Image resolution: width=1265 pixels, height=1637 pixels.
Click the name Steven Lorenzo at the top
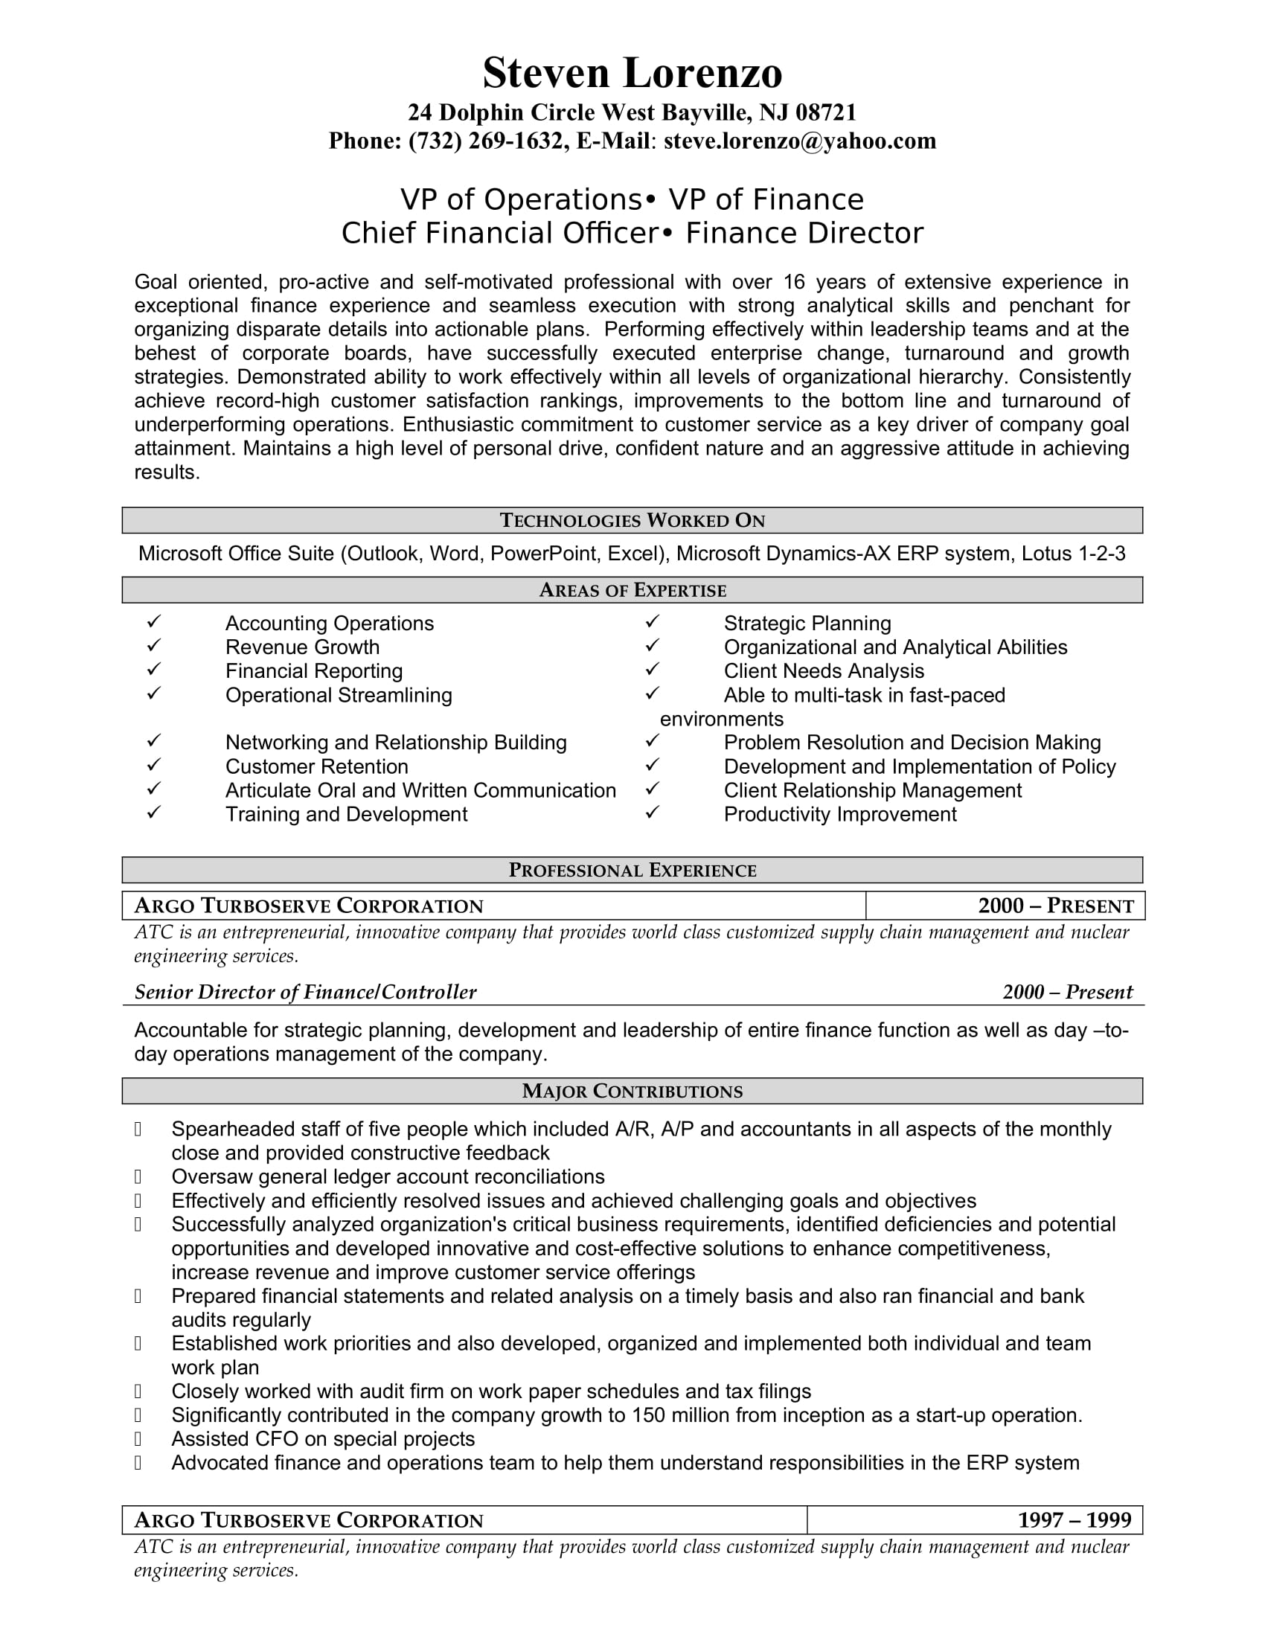[632, 74]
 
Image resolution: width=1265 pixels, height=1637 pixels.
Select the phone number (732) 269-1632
[486, 141]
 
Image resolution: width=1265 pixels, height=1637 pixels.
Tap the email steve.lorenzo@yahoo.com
[800, 141]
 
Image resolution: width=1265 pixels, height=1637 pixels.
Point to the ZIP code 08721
[825, 112]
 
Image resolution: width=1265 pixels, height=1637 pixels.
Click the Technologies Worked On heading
[632, 521]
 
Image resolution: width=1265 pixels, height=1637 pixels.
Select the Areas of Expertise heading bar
[632, 591]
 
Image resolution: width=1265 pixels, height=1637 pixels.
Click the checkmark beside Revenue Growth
[153, 645]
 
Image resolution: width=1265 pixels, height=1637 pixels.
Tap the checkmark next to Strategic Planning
[652, 621]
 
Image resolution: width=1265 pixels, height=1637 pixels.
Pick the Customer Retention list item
[316, 766]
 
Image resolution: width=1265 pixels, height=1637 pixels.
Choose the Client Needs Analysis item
[824, 672]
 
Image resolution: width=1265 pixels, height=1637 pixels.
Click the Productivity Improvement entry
[839, 815]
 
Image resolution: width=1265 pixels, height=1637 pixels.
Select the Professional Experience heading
[632, 871]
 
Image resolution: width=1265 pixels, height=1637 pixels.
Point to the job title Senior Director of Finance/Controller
[305, 993]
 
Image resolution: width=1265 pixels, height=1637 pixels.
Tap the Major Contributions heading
[632, 1092]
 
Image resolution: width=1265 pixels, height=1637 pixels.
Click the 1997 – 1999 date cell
[1074, 1520]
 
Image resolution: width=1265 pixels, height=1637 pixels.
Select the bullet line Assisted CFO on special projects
[322, 1439]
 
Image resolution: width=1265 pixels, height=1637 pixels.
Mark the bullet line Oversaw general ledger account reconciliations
[388, 1177]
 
